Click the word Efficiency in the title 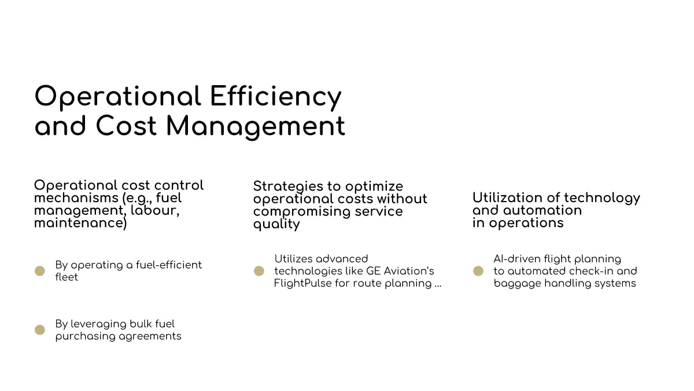[x=276, y=97]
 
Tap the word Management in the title [x=256, y=127]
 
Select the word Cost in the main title [x=126, y=125]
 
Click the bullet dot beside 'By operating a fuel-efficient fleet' [x=40, y=271]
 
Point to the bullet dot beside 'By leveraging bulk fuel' [x=40, y=330]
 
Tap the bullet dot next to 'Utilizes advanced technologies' [x=259, y=271]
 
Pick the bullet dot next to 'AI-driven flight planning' [x=478, y=271]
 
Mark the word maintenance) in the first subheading [x=80, y=223]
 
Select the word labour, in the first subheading [x=155, y=211]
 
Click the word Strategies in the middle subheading [x=289, y=187]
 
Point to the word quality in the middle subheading [x=276, y=224]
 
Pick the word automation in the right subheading [x=542, y=210]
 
